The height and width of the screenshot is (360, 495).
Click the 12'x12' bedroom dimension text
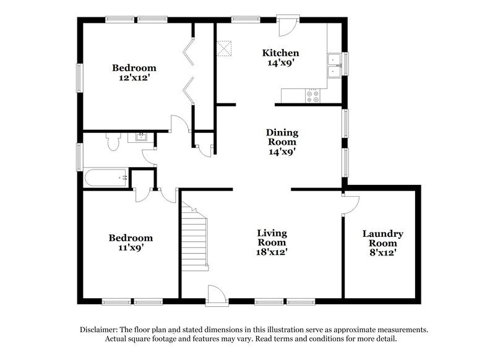pos(134,78)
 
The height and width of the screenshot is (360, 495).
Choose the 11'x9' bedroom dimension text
pos(131,247)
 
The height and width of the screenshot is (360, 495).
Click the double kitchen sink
pos(334,65)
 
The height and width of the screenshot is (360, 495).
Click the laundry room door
pos(350,205)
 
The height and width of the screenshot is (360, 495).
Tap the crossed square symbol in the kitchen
pos(223,48)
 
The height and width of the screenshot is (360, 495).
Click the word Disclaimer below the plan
pos(100,330)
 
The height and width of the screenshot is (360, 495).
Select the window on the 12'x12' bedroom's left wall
pos(79,78)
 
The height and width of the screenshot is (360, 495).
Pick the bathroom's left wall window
pos(79,156)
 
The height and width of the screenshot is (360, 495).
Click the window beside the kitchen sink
pos(345,64)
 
